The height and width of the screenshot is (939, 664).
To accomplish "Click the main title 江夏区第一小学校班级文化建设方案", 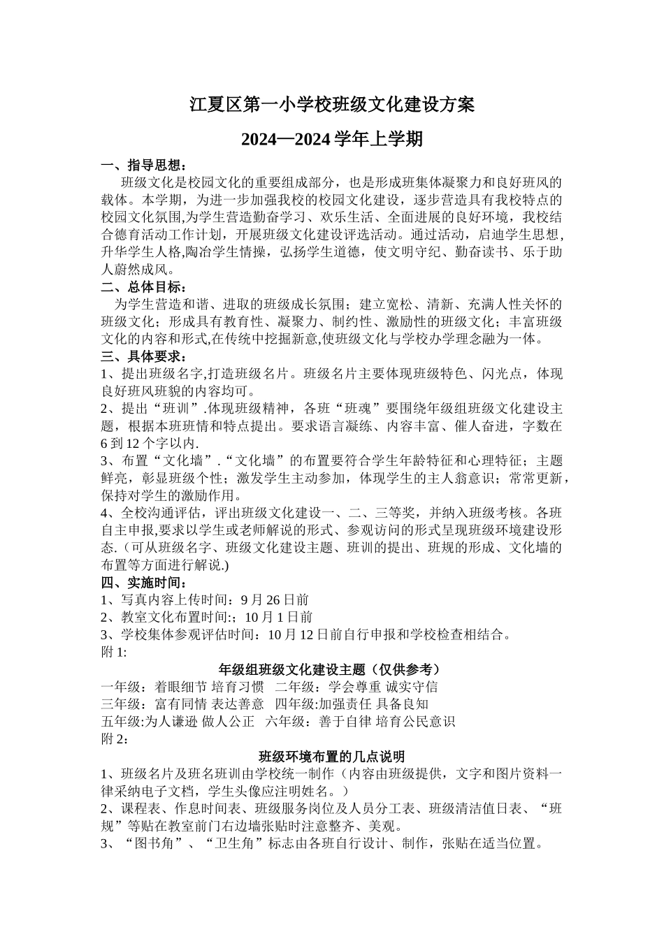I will pyautogui.click(x=332, y=105).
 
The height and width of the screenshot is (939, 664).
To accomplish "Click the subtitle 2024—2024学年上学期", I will pyautogui.click(x=332, y=140).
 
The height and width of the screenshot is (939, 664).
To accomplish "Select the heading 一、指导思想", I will pyautogui.click(x=144, y=166).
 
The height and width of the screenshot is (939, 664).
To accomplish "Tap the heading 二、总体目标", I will pyautogui.click(x=144, y=287).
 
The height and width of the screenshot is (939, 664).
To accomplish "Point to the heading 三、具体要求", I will pyautogui.click(x=144, y=356).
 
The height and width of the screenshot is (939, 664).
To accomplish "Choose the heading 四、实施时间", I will pyautogui.click(x=144, y=582).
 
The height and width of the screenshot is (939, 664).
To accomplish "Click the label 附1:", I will pyautogui.click(x=115, y=653).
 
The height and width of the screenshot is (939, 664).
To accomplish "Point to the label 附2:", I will pyautogui.click(x=115, y=739).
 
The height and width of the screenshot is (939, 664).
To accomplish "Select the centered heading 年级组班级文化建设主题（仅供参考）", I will pyautogui.click(x=332, y=669).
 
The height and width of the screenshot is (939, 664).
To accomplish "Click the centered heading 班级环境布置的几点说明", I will pyautogui.click(x=332, y=757).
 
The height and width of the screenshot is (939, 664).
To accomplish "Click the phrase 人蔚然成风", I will pyautogui.click(x=138, y=270).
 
